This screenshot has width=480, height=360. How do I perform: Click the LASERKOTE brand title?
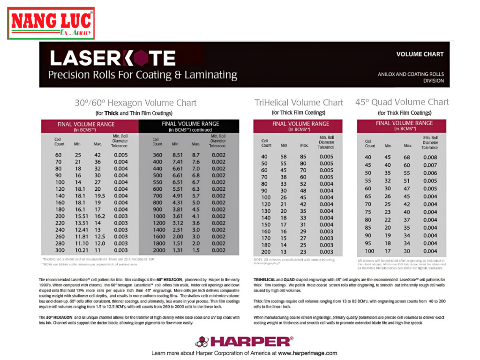click(112, 58)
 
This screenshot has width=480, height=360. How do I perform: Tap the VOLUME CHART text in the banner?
click(420, 54)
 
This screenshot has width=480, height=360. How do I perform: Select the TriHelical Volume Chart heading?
click(299, 103)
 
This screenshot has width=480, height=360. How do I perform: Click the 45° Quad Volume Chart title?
click(402, 102)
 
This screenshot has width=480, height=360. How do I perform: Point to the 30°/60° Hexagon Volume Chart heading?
click(135, 103)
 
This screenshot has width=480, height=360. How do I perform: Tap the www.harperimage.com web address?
click(307, 353)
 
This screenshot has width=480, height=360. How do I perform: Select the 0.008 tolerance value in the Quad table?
click(430, 157)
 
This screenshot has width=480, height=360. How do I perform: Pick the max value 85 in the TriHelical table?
click(303, 157)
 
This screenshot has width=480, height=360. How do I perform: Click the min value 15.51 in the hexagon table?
click(82, 216)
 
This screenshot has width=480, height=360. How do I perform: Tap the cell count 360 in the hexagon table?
click(157, 155)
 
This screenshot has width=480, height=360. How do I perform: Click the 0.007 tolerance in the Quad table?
click(430, 165)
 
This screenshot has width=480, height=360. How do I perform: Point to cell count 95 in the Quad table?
click(368, 243)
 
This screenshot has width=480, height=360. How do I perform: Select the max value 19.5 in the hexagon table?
click(100, 196)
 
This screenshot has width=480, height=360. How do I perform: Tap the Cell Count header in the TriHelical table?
click(266, 142)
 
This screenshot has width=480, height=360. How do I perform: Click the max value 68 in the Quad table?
click(407, 157)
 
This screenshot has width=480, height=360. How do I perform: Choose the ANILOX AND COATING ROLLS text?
click(411, 74)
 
